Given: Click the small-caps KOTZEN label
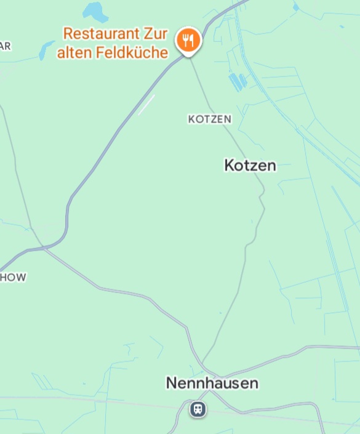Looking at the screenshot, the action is (x=210, y=119).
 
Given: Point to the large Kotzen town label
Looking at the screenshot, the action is (x=250, y=165).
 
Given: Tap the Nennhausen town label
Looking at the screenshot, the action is (x=212, y=383).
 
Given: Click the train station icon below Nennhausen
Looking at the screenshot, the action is (x=198, y=408).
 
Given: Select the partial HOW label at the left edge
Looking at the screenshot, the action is (x=12, y=277).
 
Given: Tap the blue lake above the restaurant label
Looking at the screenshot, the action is (x=95, y=11).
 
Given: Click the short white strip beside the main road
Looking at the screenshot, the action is (x=146, y=105).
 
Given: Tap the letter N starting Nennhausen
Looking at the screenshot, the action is (x=172, y=383).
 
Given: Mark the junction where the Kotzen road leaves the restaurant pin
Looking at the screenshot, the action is (x=188, y=57).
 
